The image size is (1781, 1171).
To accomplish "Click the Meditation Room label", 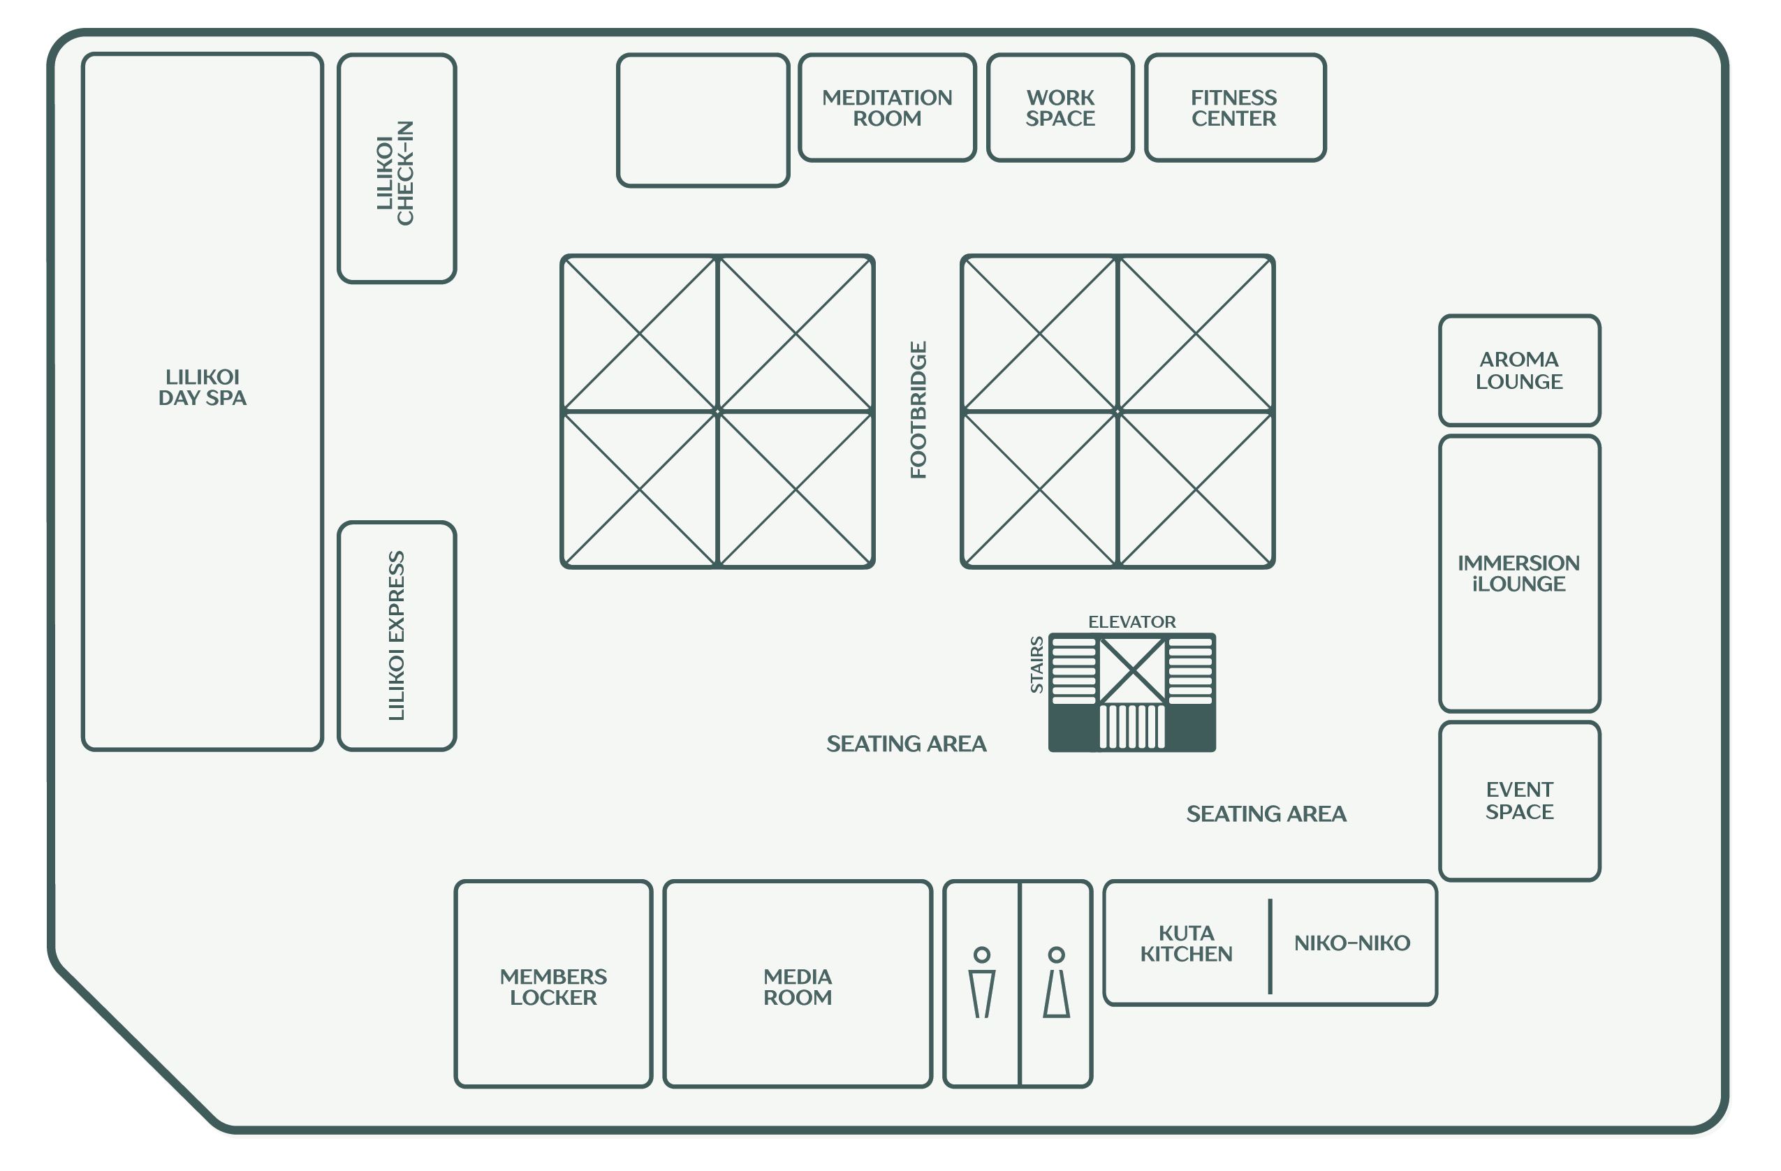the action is coord(887,108).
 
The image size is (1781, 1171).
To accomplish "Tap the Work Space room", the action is coord(1060,107).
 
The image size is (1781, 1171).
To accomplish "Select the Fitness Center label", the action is coord(1234,108).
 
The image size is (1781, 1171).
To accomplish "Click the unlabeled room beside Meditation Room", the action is coord(703,119).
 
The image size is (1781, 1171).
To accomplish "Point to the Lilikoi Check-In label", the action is coord(395,173).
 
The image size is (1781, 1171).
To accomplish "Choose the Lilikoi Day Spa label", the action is coord(202,387).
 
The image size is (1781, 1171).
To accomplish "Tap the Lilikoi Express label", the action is coord(397,636).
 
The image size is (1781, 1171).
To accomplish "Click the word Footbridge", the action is coord(918,409).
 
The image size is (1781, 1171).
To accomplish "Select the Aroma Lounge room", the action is coord(1519,370).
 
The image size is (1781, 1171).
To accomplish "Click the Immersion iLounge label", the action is coord(1518,573).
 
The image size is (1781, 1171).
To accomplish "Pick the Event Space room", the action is coord(1519,801).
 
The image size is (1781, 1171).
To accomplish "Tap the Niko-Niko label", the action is coord(1352,943).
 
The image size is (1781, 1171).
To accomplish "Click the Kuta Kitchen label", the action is coord(1186,943).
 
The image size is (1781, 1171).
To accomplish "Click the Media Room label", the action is coord(798,987).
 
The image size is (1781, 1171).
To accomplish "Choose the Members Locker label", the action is coord(553,987).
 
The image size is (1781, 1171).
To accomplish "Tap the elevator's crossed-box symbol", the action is coord(1132,670).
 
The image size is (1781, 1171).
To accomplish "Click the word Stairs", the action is coord(1036,665).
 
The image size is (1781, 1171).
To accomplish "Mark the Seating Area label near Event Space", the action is coord(1266,813).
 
